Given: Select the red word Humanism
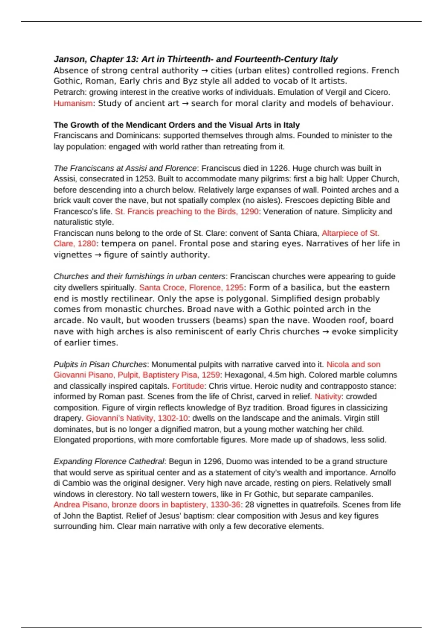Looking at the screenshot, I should [73, 103].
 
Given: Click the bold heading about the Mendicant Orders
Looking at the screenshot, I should [176, 125].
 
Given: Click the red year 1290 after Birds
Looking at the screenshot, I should [249, 212].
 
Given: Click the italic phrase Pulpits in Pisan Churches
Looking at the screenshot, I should [100, 364].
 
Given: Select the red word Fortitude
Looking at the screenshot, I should [188, 386].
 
